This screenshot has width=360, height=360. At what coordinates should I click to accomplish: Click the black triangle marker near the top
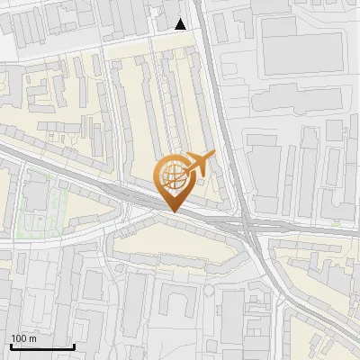[x=182, y=24]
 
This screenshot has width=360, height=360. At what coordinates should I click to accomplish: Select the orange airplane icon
[x=200, y=165]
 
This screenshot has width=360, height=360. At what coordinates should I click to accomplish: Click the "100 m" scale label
[x=23, y=337]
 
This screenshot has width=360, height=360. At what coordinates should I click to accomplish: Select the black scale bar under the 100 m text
[x=42, y=346]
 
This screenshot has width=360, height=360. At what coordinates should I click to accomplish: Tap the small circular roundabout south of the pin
[x=209, y=290]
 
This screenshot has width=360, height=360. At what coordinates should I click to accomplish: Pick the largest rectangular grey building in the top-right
[x=301, y=45]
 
